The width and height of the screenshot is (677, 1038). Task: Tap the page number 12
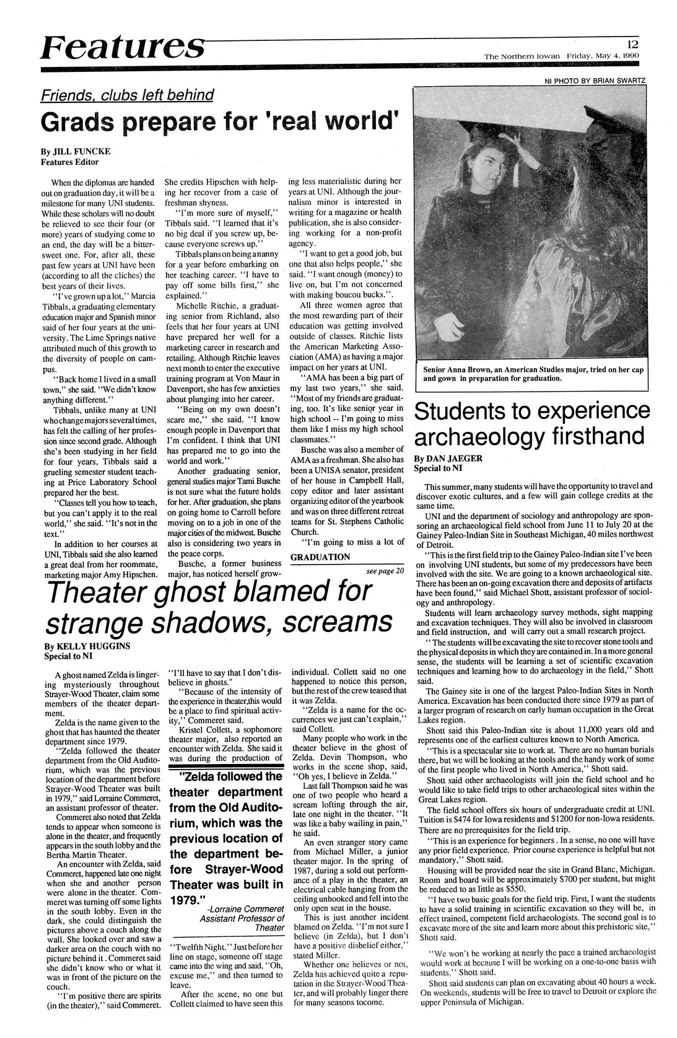click(632, 44)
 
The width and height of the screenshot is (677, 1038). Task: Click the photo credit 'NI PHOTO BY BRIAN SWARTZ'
click(594, 81)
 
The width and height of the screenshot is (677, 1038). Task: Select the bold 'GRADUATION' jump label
click(320, 556)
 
